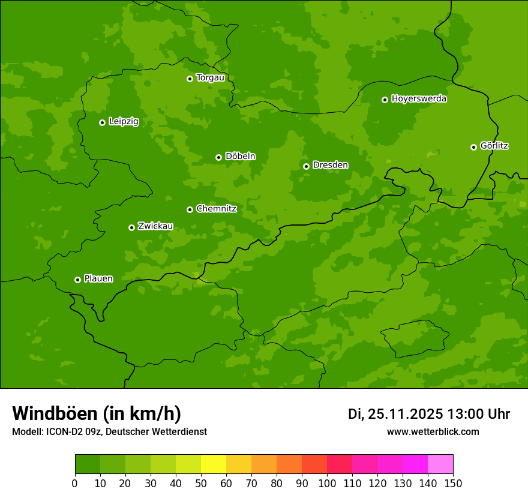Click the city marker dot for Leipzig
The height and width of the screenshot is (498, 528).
pos(102,122)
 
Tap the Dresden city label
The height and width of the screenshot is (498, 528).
pos(330,165)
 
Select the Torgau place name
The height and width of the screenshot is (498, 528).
pos(210,78)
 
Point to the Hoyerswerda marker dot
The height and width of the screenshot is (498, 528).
pos(385,100)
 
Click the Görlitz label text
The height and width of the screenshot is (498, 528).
pos(494,146)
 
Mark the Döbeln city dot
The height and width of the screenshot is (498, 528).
pos(218,157)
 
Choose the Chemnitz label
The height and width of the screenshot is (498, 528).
pos(216,209)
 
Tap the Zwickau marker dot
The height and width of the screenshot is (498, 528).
pos(131,227)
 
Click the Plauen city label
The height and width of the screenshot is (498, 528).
pos(98,278)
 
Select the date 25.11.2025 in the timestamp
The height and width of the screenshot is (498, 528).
pos(405,414)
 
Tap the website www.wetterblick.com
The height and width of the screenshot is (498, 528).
pos(433,431)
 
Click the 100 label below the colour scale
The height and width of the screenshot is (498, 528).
pos(327,483)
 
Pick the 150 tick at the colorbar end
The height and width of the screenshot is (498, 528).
pos(453,483)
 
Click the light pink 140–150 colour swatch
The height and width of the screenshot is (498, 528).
pos(440,464)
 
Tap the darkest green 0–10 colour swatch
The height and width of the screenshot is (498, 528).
pos(88,464)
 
